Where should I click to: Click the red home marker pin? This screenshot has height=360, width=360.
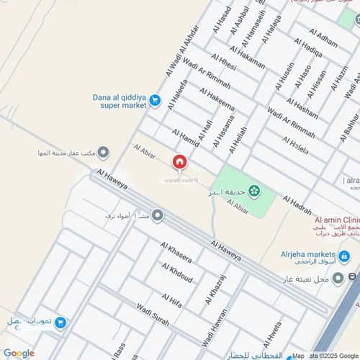[x=179, y=164]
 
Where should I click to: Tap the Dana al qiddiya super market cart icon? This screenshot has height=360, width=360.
[x=154, y=105]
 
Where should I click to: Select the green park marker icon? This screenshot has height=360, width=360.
[x=253, y=191]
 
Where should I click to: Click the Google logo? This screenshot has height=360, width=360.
[x=18, y=353]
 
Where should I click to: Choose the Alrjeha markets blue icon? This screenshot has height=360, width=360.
[x=344, y=256]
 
